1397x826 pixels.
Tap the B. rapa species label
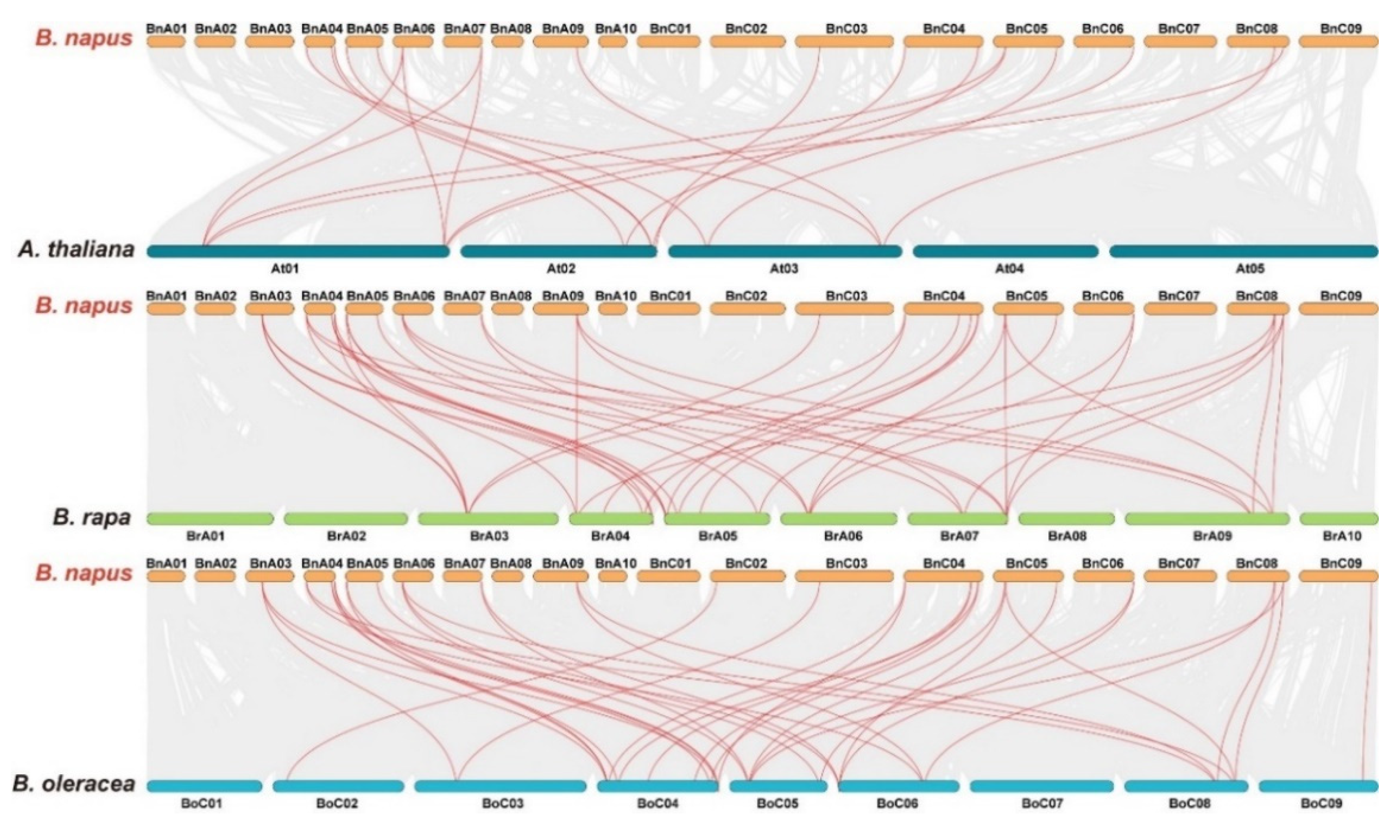coord(92,518)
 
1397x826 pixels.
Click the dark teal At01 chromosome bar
coord(298,251)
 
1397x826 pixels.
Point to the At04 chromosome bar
coord(1005,251)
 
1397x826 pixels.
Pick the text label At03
coord(784,269)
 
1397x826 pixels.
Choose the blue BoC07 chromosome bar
coord(1041,786)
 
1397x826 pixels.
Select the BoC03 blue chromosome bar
coord(500,786)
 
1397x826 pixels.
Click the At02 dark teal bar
coord(559,251)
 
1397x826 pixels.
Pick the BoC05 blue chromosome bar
coord(778,786)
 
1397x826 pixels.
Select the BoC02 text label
coord(337,804)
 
